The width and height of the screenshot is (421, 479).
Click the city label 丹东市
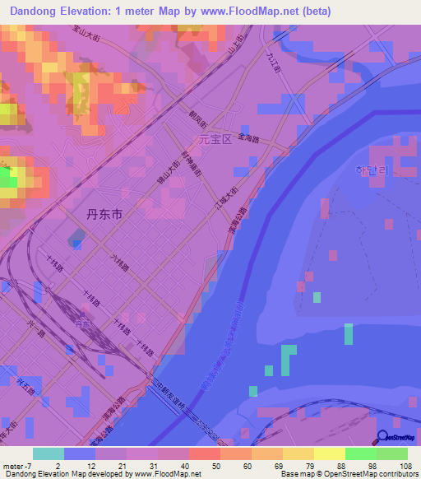104,214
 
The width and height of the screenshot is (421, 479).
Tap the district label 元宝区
216,140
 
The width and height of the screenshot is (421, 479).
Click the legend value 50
216,466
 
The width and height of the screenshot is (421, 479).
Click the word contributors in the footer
394,475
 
